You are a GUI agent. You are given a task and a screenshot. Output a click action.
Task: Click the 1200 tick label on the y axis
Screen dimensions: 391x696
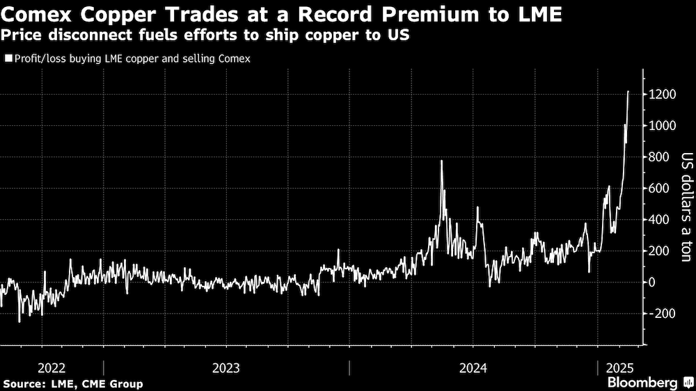point(665,95)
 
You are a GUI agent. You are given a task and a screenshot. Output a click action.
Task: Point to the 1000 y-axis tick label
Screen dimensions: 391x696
point(665,126)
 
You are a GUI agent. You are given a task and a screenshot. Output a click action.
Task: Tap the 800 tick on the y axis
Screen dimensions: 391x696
point(662,157)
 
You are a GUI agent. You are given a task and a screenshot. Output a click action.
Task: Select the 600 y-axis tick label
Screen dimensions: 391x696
point(662,189)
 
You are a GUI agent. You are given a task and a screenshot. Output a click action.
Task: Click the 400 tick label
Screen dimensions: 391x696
point(662,220)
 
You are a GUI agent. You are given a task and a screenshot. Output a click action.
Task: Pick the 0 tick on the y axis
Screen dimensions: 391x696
point(654,282)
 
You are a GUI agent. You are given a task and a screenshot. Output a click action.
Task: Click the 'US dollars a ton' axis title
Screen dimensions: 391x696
point(685,207)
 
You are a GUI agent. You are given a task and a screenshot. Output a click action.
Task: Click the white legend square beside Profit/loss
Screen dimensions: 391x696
point(8,59)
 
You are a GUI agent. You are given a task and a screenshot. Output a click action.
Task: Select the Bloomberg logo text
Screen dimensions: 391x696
point(642,383)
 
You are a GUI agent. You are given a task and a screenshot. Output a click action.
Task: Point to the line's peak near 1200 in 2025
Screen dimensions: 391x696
point(628,91)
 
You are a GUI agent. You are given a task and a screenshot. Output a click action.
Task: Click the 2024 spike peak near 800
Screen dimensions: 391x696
point(441,161)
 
